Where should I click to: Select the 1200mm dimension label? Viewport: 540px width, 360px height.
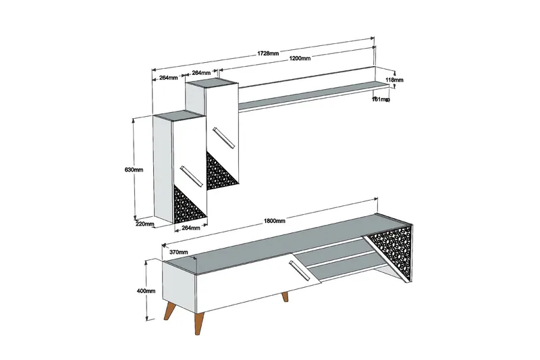click(299, 59)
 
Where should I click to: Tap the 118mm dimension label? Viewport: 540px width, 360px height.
click(394, 80)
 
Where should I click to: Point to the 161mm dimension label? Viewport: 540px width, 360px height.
click(381, 99)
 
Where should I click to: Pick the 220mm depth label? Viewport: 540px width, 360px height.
click(145, 224)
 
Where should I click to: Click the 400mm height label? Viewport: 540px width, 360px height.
click(146, 291)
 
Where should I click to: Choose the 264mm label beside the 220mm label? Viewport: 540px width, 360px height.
click(191, 228)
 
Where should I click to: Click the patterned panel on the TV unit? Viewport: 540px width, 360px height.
click(392, 249)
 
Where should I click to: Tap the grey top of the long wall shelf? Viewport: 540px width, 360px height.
click(307, 91)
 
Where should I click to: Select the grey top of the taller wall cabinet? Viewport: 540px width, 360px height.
click(211, 83)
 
